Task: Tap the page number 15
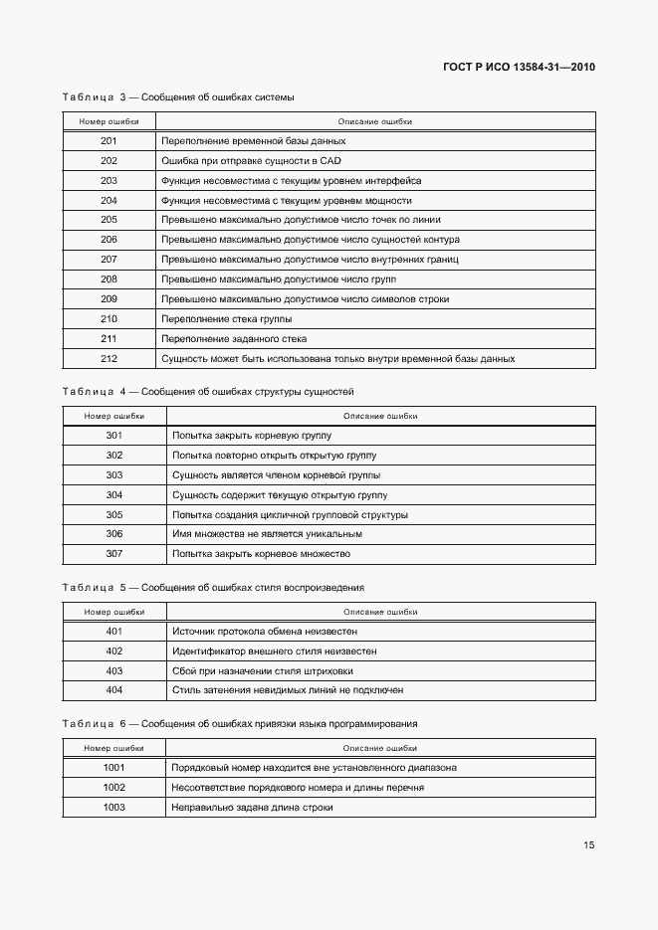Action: (588, 845)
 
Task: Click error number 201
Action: (109, 141)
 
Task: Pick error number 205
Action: (109, 220)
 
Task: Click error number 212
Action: (109, 358)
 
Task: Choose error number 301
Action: (113, 436)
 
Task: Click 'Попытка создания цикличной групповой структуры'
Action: (290, 514)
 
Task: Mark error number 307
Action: (113, 554)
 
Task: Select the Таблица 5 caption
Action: (212, 588)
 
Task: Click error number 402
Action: (113, 651)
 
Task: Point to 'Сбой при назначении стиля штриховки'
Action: (262, 671)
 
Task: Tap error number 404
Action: (113, 690)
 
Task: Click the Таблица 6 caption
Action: (239, 724)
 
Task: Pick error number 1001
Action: (113, 768)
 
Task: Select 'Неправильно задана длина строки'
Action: (252, 808)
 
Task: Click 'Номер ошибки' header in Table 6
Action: (113, 748)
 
